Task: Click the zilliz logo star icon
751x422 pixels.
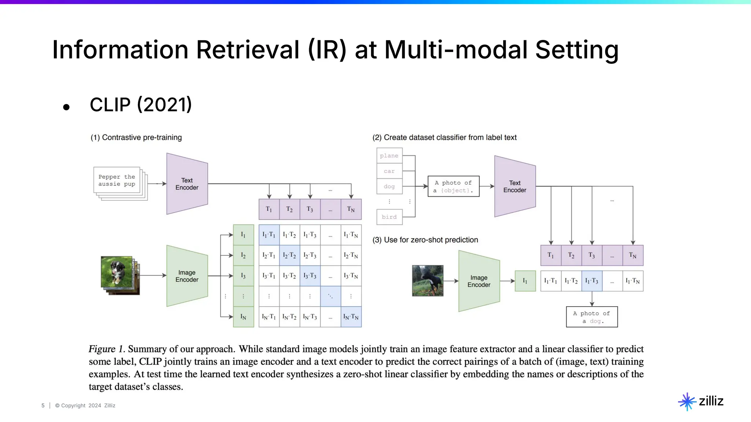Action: coord(687,401)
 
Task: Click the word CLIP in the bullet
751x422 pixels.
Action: coord(110,105)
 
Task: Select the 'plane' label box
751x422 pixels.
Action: coord(389,156)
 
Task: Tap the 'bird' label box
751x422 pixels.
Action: coord(389,217)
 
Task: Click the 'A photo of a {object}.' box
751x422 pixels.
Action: coord(453,186)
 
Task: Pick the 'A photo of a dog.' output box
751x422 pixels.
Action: coord(591,317)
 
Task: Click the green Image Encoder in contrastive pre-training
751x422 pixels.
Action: coord(187,276)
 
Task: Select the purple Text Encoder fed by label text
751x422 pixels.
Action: coord(514,186)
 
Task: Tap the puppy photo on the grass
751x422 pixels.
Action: coord(116,271)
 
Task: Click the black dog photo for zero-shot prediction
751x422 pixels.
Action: coord(428,281)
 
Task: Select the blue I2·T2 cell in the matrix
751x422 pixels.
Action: coord(289,255)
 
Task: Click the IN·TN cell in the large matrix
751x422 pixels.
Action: coord(351,317)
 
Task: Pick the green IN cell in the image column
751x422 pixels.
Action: coord(243,317)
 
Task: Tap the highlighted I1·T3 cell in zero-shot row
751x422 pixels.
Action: coord(591,281)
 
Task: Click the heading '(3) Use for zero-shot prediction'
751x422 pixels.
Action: coord(425,240)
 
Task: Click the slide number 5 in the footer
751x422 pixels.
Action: coord(43,406)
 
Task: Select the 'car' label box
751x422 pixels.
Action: coord(389,171)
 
